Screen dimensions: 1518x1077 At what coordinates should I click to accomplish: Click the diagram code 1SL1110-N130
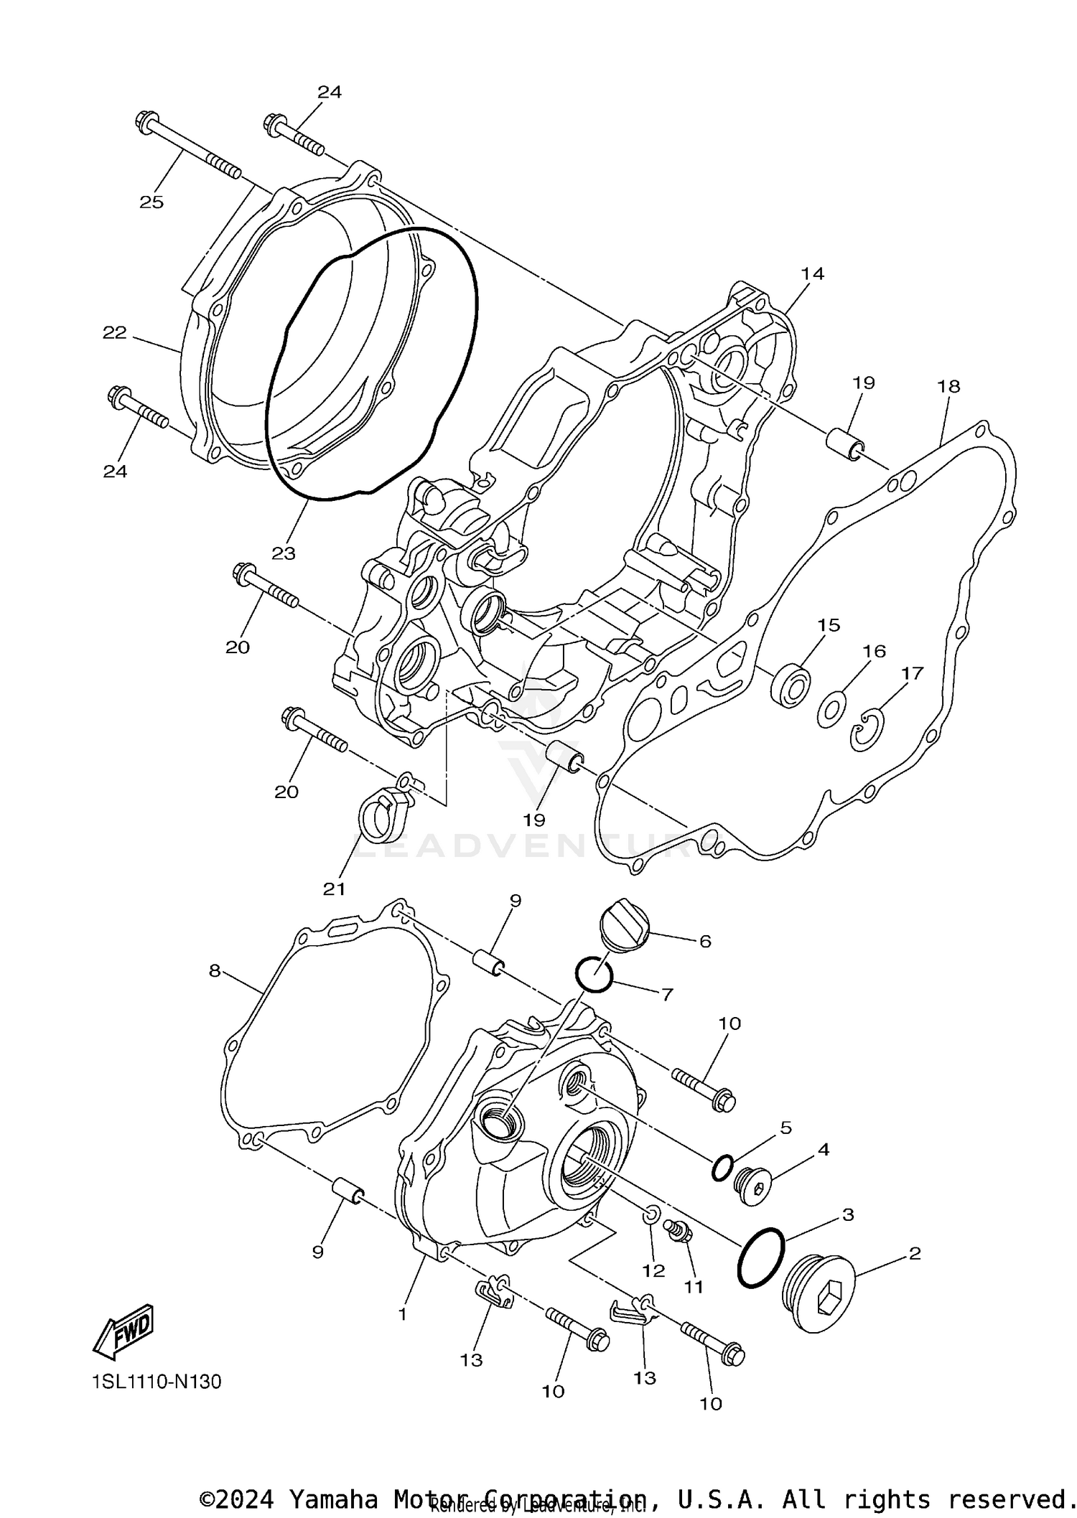coord(157,1382)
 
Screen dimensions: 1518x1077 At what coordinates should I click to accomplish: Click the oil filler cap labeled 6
coord(623,932)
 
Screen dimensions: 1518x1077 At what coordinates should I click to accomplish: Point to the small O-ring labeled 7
coord(594,975)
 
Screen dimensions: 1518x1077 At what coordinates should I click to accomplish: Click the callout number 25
coord(151,202)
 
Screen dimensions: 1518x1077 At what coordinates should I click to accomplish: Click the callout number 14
coord(813,273)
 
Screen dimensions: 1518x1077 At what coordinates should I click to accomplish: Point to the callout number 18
coord(948,386)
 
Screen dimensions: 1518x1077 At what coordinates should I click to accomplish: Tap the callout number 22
coord(114,332)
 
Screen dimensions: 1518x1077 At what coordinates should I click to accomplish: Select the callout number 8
coord(214,970)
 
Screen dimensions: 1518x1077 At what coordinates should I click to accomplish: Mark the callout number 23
coord(284,553)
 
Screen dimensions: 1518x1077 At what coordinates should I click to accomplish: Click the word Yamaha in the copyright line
coord(333,1499)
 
